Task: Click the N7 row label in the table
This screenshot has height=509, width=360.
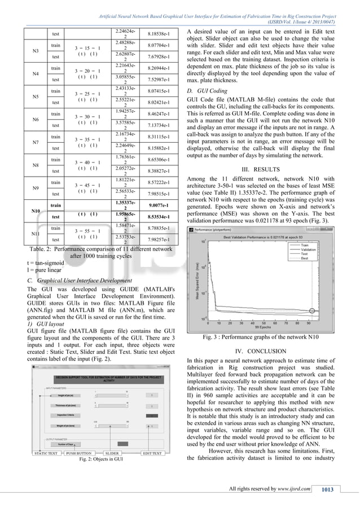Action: click(35, 142)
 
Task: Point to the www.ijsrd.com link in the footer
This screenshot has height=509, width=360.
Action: click(294, 488)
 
